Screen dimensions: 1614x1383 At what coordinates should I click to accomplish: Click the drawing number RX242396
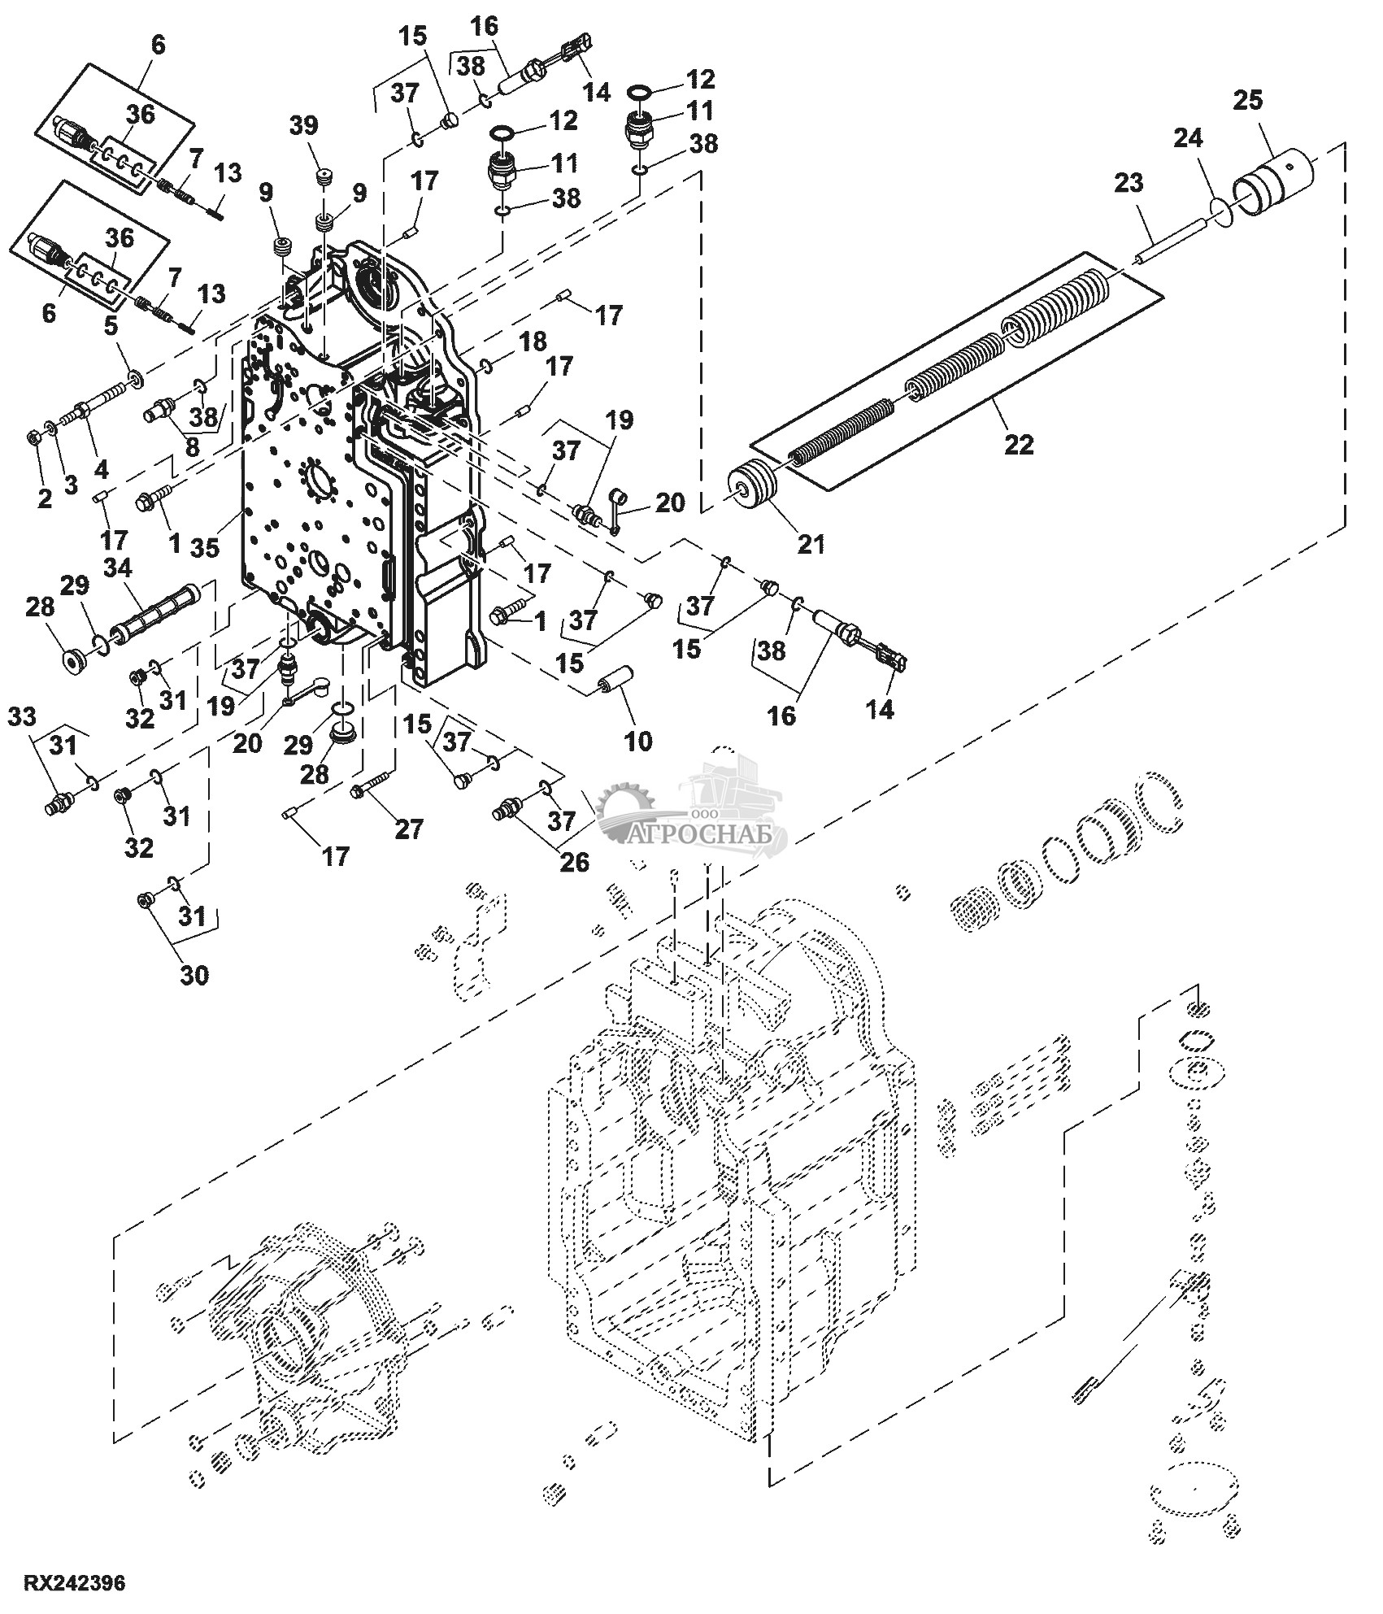click(x=74, y=1582)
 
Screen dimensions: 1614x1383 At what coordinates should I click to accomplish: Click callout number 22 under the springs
click(x=1019, y=444)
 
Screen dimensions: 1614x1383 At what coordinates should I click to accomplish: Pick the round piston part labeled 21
click(x=755, y=487)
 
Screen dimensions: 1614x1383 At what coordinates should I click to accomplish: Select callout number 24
click(x=1185, y=139)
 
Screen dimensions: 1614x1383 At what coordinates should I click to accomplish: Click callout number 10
click(x=638, y=741)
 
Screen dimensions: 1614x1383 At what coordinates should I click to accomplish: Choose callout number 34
click(x=118, y=568)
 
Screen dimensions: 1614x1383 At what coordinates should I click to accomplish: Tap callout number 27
click(x=408, y=829)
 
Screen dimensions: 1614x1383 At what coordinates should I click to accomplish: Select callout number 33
click(x=22, y=716)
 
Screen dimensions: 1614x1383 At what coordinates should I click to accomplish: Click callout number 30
click(x=194, y=974)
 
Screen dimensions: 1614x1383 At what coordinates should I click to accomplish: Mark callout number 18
click(x=533, y=342)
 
